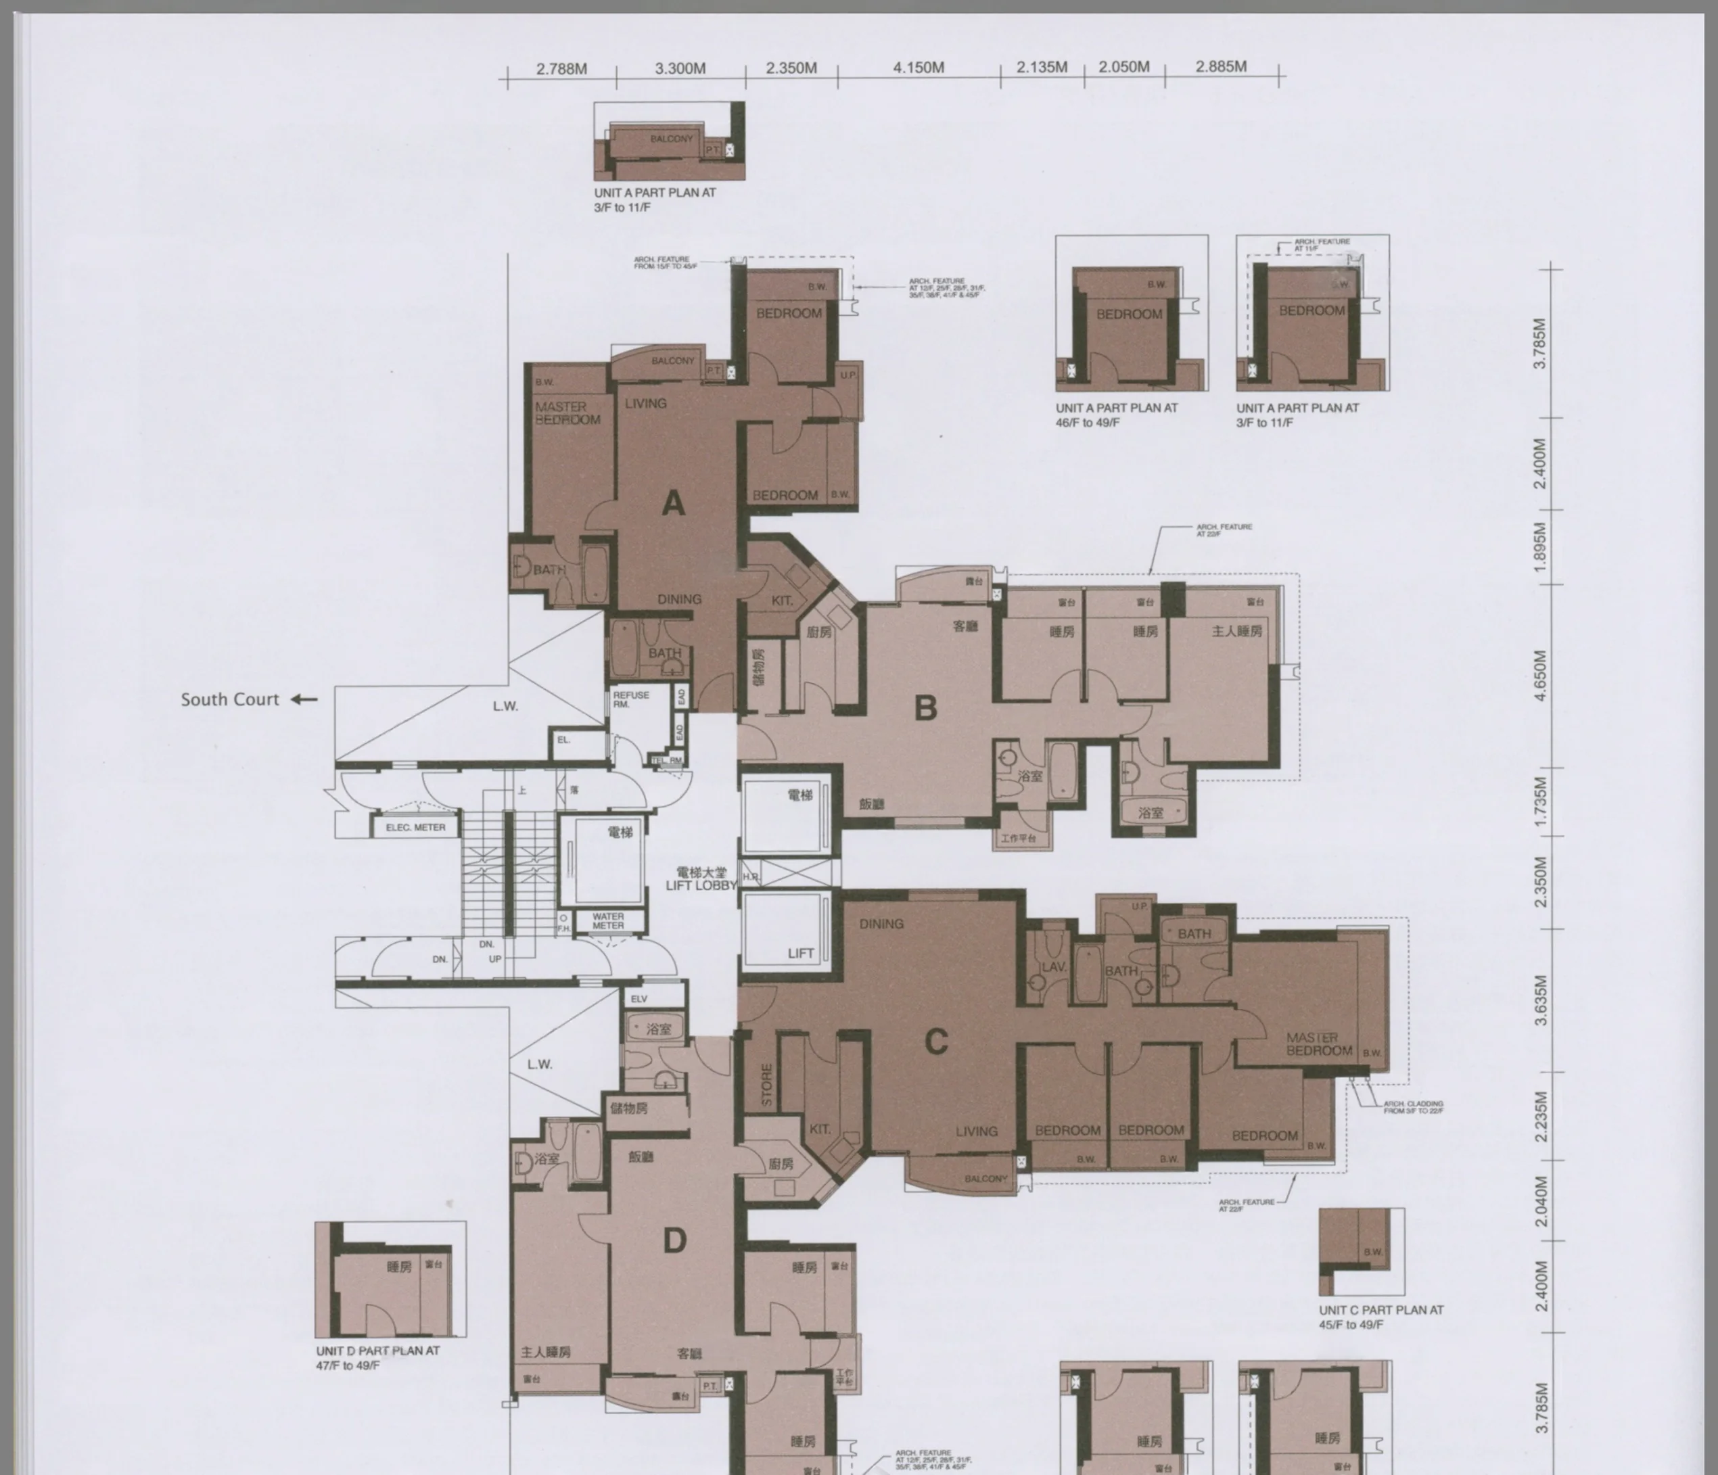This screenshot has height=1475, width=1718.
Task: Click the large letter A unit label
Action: point(673,503)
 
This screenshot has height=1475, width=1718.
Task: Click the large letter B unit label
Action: point(925,708)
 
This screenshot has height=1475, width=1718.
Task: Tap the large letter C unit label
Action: point(936,1041)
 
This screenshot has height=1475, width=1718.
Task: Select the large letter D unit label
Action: point(675,1241)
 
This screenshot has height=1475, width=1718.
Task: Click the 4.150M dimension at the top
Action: point(918,68)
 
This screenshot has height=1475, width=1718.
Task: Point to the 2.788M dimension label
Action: point(561,69)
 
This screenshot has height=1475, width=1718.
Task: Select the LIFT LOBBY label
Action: point(701,885)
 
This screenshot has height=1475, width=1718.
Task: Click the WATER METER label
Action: point(608,921)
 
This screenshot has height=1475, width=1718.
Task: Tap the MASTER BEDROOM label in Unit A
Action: point(567,413)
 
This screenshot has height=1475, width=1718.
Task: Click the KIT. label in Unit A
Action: point(782,601)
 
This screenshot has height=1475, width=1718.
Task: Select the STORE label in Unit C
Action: point(766,1085)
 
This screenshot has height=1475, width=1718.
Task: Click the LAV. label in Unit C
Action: point(1053,966)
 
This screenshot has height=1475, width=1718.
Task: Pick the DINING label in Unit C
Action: point(881,924)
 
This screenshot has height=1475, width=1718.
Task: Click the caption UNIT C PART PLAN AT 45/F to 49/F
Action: point(1380,1317)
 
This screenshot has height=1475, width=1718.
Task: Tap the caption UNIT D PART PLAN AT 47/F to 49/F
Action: point(377,1357)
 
